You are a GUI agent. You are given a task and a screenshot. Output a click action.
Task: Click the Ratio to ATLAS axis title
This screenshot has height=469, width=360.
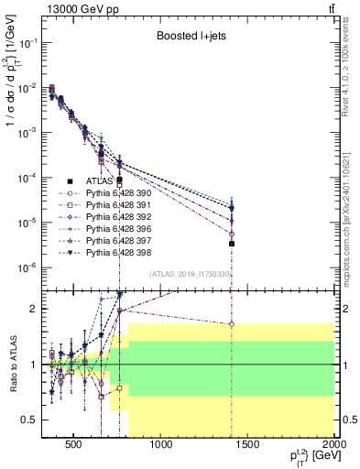12,364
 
